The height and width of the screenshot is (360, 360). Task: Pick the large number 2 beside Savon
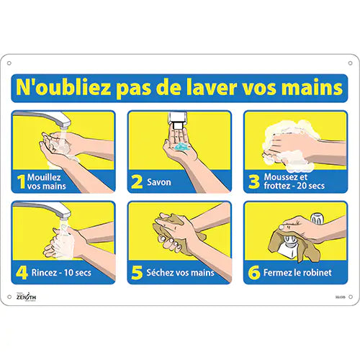pos(138,182)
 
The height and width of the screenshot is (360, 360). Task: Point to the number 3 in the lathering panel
pos(253,182)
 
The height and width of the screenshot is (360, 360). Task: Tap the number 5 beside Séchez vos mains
pos(138,272)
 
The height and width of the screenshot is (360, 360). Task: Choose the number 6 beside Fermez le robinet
pos(253,272)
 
